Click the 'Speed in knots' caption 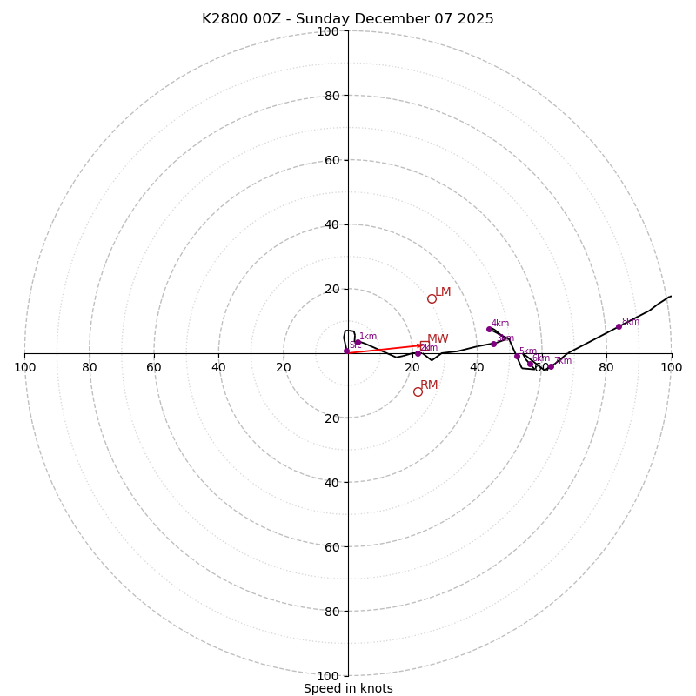click(348, 688)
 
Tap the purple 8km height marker click(619, 326)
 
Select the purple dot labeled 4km click(489, 329)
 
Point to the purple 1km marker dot click(357, 342)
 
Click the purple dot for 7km click(551, 366)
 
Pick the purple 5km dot click(517, 356)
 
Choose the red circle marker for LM click(432, 298)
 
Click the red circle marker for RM click(418, 391)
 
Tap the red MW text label click(438, 339)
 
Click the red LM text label click(443, 292)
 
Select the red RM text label click(429, 385)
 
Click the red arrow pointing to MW click(387, 349)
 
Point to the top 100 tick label click(328, 32)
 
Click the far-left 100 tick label click(24, 368)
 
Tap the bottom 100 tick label click(328, 676)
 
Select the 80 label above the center click(331, 96)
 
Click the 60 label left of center click(154, 368)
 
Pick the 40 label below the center click(331, 483)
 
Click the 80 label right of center click(606, 368)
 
